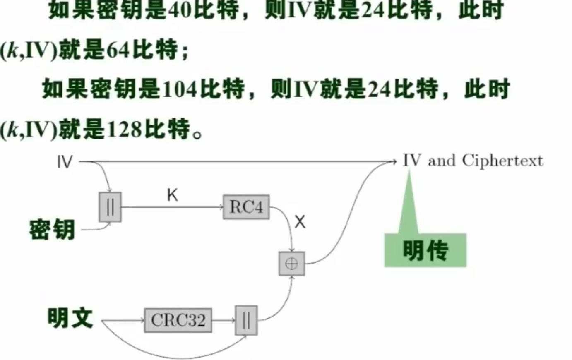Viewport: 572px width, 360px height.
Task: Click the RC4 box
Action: point(246,206)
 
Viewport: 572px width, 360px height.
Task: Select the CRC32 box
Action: point(178,320)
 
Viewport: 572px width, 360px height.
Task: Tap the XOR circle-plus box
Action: point(292,264)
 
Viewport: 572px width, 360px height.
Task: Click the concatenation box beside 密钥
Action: point(110,207)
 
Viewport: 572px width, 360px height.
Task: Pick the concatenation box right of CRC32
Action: point(246,320)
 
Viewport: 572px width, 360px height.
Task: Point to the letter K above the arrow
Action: point(172,194)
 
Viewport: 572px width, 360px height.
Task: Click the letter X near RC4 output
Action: point(300,222)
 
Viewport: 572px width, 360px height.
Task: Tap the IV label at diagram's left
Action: point(65,162)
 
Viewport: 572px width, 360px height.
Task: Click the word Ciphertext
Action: point(502,161)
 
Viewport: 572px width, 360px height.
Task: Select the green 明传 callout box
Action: point(425,250)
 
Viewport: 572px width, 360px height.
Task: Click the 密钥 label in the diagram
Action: point(52,230)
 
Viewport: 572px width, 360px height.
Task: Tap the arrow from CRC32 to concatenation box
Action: point(223,320)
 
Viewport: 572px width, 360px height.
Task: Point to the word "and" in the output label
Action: point(441,161)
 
